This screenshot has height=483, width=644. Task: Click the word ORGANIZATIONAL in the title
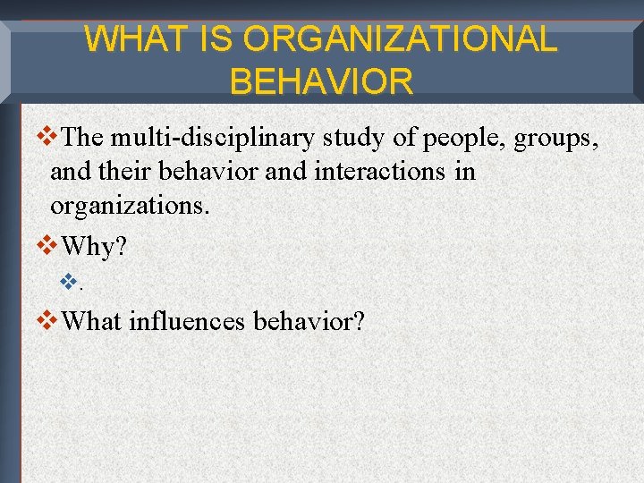pos(399,39)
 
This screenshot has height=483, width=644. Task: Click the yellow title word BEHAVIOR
pos(321,81)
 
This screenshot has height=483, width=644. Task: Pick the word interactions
pos(381,172)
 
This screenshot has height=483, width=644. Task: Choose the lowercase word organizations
pos(130,206)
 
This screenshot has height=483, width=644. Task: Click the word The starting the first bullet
pos(84,138)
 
